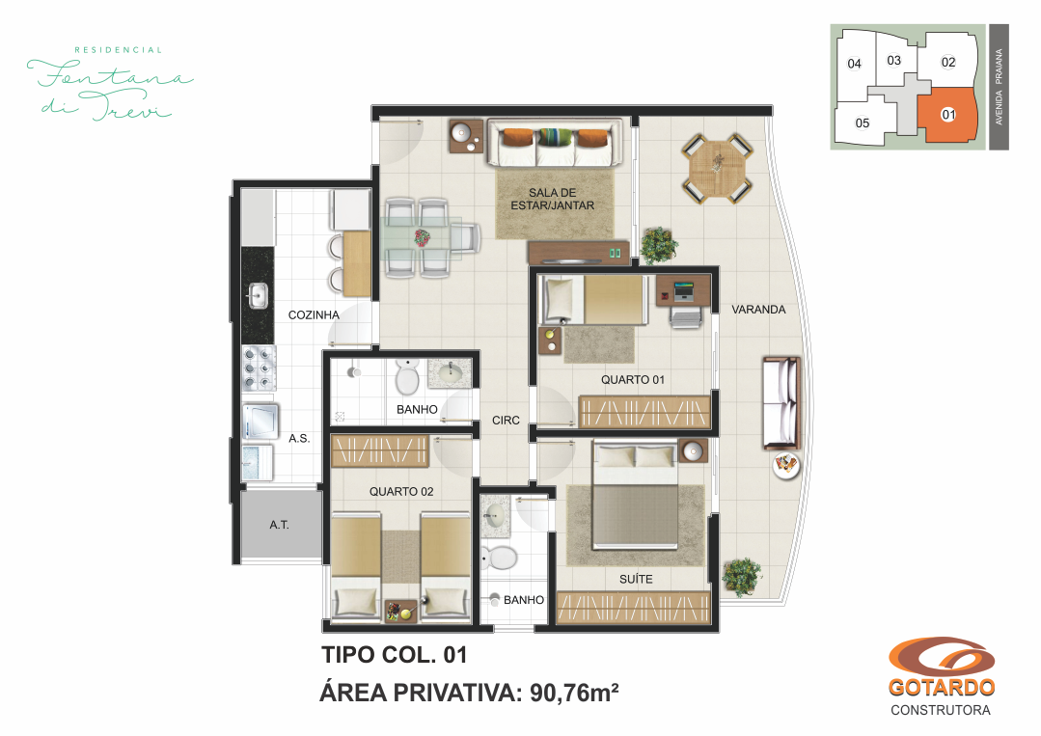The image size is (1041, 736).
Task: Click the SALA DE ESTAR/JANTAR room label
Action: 552,199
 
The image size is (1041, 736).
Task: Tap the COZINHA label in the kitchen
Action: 314,315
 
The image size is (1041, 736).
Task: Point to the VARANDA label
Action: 758,310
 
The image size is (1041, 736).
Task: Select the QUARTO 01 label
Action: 632,380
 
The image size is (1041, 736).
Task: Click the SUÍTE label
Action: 636,579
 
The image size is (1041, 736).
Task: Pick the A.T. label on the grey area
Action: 279,525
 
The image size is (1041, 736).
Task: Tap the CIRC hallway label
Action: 506,421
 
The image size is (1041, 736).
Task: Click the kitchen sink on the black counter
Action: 258,295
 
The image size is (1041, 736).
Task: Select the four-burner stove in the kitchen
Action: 259,368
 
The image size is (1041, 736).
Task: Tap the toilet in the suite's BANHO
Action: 499,558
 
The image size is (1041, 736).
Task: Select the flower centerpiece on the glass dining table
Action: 422,237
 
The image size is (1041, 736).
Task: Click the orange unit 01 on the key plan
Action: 945,116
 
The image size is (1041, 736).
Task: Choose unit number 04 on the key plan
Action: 854,64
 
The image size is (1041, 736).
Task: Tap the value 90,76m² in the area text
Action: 574,693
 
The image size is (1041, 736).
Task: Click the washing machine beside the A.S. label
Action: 260,423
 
